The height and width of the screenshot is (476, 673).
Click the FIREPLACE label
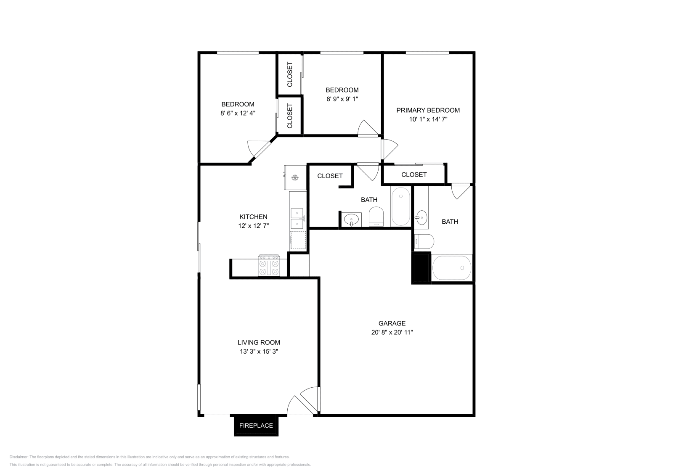click(x=256, y=425)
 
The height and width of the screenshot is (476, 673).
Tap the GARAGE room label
click(x=392, y=323)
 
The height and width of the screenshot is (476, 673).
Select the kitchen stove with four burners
click(x=269, y=265)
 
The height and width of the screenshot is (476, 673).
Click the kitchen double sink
click(x=297, y=218)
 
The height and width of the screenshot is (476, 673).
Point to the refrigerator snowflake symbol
click(x=295, y=177)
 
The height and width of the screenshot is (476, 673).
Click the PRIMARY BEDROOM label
click(x=428, y=110)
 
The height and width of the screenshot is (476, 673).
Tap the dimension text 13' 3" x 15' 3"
click(x=259, y=351)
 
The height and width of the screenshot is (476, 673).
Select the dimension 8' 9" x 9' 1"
click(x=342, y=99)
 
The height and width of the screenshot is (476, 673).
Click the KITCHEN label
click(x=253, y=217)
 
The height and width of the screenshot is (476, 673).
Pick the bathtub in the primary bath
click(x=452, y=267)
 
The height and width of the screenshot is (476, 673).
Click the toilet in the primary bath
click(x=424, y=241)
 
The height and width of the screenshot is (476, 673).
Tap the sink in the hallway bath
click(x=351, y=219)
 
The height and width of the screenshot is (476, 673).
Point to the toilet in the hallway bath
click(x=376, y=217)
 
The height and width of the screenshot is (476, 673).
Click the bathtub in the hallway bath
click(x=401, y=206)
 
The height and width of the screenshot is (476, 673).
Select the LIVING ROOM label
click(x=259, y=342)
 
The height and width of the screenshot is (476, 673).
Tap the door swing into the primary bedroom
click(x=389, y=149)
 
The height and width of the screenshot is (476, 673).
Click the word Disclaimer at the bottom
click(x=19, y=457)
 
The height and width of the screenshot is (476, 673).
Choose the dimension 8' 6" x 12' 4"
click(x=238, y=113)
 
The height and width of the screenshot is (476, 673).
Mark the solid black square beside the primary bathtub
click(x=421, y=267)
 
